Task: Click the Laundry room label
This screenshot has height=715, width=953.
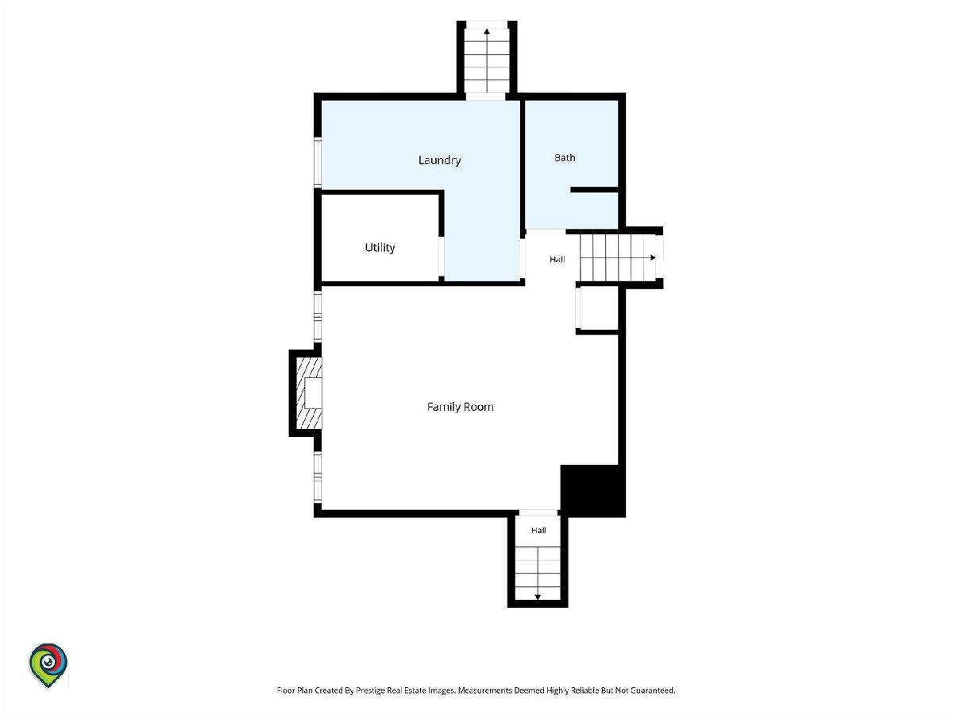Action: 439,160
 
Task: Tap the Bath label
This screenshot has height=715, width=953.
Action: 565,157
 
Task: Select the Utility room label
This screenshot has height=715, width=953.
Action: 380,248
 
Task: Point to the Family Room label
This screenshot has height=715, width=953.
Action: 460,407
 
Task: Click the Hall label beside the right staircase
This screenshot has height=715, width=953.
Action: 557,259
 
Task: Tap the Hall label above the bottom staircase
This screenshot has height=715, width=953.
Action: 538,530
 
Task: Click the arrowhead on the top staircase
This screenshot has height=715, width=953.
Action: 487,31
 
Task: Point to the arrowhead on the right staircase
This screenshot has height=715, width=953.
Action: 653,258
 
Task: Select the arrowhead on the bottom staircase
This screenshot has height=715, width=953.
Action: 538,597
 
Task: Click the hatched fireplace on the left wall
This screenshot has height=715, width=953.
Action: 309,393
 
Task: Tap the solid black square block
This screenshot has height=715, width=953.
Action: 592,490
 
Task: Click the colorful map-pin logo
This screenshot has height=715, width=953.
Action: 48,665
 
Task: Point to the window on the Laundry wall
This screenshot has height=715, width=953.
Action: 318,162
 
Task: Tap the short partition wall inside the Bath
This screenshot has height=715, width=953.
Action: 594,190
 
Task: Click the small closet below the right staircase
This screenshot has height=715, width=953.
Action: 597,307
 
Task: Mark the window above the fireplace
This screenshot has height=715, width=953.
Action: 318,317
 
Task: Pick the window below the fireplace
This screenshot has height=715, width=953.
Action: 318,477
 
